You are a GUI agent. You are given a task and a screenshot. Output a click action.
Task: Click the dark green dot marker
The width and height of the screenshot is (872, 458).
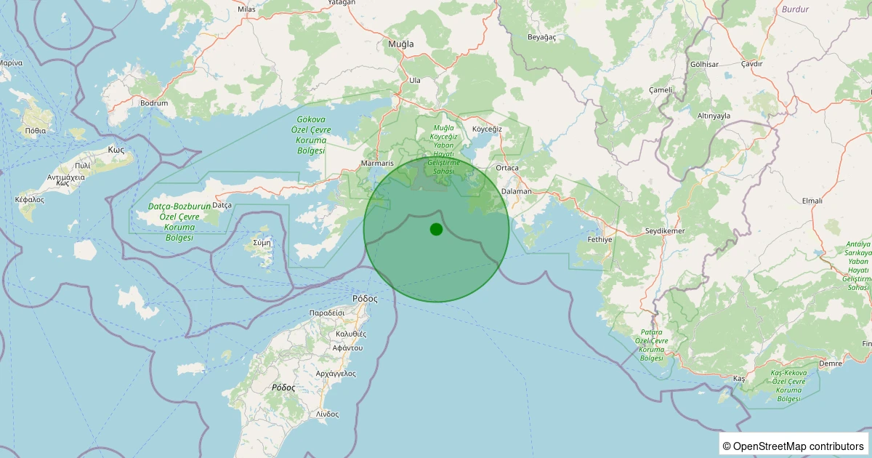tap(436, 230)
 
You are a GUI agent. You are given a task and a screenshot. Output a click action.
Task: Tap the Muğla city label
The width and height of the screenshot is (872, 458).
tap(400, 44)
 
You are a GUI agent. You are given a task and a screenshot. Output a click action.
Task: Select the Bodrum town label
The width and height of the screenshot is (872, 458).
tap(154, 103)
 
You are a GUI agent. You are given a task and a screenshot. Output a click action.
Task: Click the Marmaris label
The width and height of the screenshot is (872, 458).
tap(377, 164)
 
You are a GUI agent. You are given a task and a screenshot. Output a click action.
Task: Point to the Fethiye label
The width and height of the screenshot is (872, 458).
tap(600, 239)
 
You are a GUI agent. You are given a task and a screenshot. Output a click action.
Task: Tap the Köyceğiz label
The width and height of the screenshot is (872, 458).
tap(488, 129)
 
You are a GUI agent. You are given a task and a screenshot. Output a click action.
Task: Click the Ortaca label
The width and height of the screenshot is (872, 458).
tap(507, 168)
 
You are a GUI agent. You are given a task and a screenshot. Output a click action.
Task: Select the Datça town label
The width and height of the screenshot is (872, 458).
tap(222, 206)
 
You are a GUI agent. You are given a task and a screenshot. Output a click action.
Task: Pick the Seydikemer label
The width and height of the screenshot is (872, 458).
tap(665, 231)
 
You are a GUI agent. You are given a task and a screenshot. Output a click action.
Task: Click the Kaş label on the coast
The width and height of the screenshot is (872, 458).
tap(740, 379)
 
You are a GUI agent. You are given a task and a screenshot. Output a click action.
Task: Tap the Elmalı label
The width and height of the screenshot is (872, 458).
tap(812, 201)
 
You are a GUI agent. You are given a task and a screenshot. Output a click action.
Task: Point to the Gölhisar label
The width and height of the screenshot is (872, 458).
tap(704, 65)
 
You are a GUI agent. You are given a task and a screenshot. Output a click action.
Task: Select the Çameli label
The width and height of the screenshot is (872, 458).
tap(661, 89)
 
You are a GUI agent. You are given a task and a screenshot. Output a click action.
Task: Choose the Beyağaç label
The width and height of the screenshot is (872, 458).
tap(541, 36)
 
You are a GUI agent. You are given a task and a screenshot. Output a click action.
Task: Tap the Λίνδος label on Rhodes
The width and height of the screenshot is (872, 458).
tap(327, 414)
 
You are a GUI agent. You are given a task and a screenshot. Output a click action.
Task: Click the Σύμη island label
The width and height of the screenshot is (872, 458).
tap(262, 242)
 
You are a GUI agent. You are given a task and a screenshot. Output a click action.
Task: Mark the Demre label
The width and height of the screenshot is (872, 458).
tap(829, 363)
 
